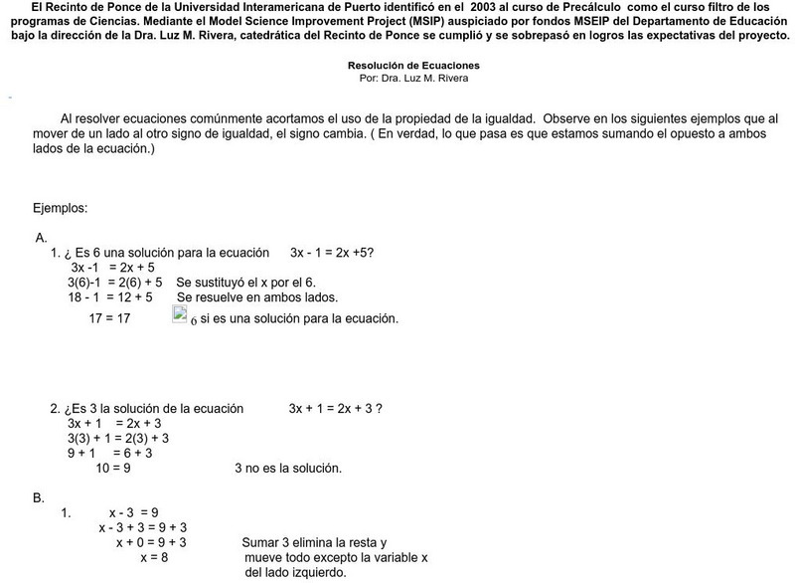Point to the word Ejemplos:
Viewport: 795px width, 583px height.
(x=61, y=208)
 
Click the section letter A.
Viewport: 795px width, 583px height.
(x=41, y=238)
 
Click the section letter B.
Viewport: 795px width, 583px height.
(x=39, y=496)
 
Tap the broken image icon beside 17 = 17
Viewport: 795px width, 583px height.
(x=180, y=315)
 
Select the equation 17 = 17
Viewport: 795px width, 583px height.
(x=109, y=318)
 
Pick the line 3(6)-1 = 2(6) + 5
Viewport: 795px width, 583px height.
(x=115, y=283)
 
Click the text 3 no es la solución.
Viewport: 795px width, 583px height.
(x=288, y=468)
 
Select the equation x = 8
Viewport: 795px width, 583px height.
(x=154, y=558)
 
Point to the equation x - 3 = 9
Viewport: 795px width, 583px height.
(x=134, y=513)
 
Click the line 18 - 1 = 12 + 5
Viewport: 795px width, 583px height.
(x=110, y=297)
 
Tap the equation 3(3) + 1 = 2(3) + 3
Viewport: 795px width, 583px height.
(x=118, y=438)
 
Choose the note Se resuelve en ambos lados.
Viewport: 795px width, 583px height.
(x=257, y=297)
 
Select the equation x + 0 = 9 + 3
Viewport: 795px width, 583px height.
(x=151, y=543)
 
